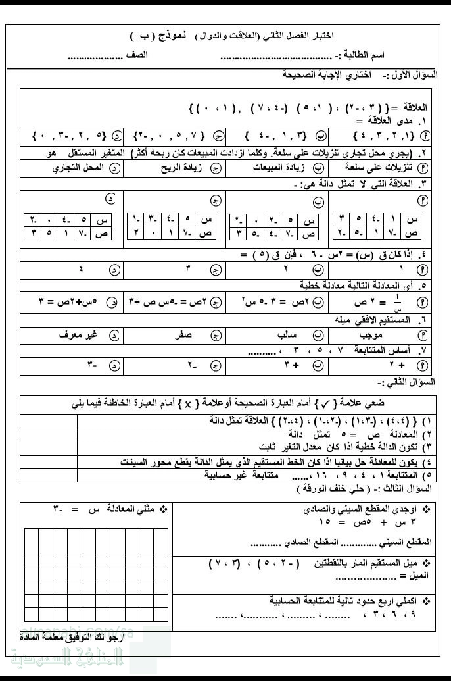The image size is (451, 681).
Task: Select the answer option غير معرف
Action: [80, 335]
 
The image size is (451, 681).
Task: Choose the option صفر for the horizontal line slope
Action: [183, 335]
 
